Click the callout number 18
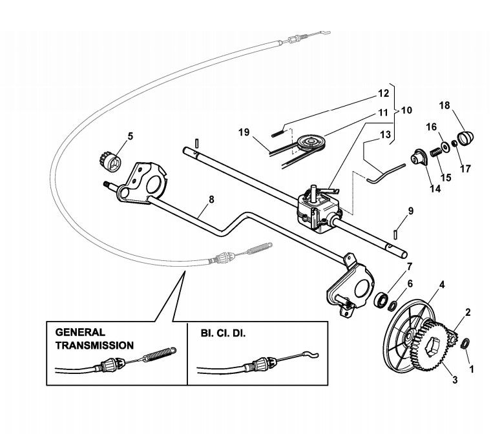coord(444,105)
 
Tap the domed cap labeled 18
coord(466,138)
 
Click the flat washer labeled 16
coord(444,146)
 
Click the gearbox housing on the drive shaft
coord(317,208)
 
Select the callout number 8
coord(211,200)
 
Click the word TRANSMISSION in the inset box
coord(94,346)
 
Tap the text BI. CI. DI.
coord(223,333)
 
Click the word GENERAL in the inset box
coord(80,332)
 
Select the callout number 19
coord(244,132)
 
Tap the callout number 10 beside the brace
coord(406,110)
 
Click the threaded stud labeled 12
coord(278,133)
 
